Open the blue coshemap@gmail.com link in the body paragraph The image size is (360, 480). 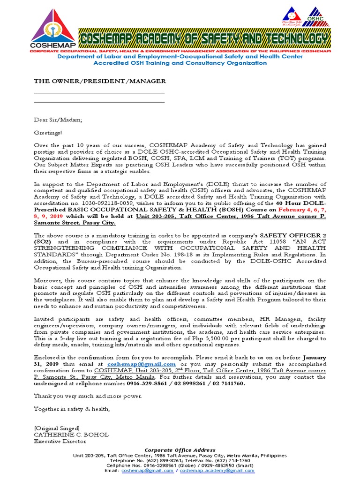[x=141, y=364]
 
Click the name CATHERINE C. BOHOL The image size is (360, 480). [x=71, y=435]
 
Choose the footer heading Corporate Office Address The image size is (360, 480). [x=180, y=450]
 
